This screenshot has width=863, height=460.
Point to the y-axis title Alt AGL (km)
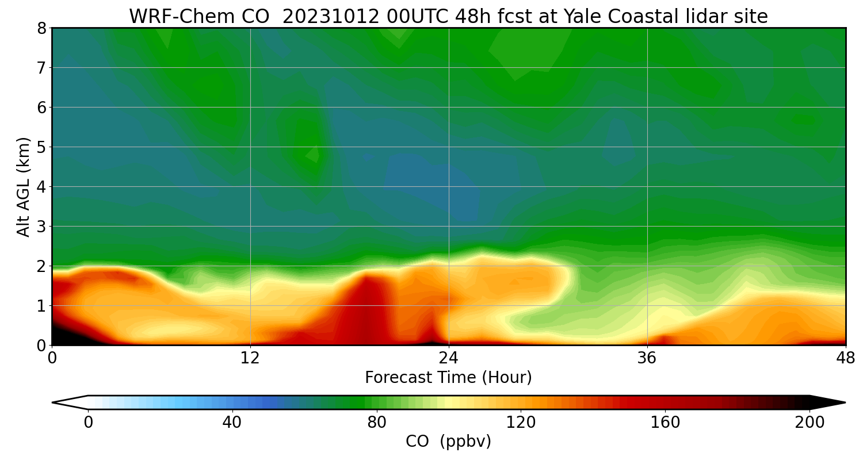point(24,186)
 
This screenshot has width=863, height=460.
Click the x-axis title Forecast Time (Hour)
point(448,378)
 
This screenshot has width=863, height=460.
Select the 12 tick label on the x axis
point(250,358)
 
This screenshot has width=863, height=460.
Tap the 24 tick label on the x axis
point(449,358)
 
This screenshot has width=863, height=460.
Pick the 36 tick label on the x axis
point(647,358)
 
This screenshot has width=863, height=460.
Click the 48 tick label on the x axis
point(845,358)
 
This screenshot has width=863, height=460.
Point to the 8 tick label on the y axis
point(41,28)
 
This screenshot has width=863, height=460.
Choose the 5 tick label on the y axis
point(41,147)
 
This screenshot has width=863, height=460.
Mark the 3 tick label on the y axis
point(41,227)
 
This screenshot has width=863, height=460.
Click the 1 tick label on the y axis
point(41,306)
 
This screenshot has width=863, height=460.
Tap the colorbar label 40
point(232,423)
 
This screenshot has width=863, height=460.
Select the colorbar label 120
point(521,423)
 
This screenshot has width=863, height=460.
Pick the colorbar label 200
point(809,423)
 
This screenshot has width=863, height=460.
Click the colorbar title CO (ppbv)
point(448,442)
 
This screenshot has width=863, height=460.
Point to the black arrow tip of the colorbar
point(828,402)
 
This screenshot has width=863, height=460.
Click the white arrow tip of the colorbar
point(69,402)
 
